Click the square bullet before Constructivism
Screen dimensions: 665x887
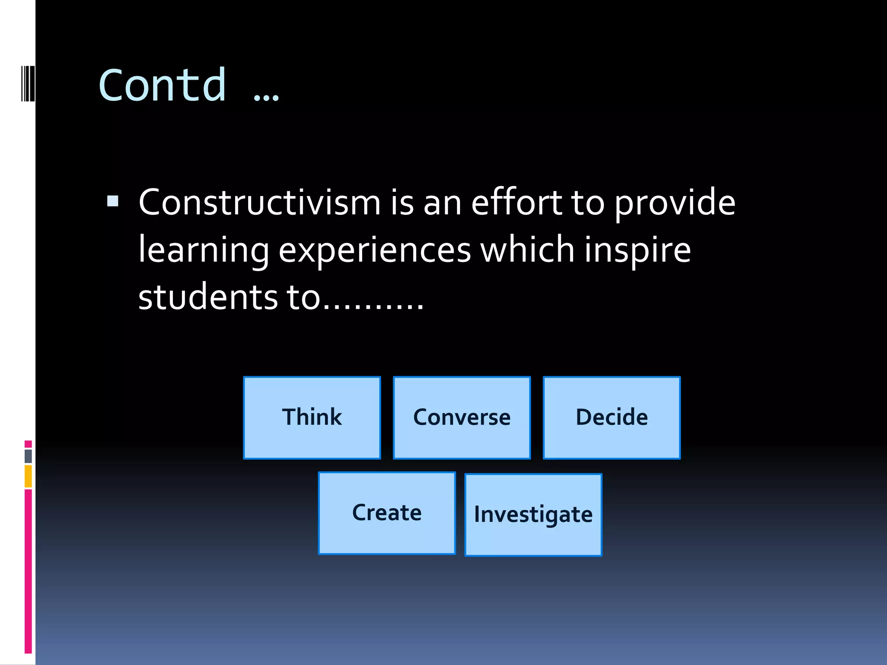pos(113,201)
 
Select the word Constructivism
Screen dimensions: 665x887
pos(259,203)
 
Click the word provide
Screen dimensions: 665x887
pos(675,203)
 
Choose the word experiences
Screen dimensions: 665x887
pos(374,251)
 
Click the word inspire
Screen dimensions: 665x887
pos(638,251)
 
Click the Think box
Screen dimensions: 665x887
pos(312,417)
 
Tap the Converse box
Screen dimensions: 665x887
pos(462,417)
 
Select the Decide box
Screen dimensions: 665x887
pos(612,417)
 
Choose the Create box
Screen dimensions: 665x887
pos(387,513)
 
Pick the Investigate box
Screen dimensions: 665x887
pos(533,515)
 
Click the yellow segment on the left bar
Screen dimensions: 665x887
pos(28,476)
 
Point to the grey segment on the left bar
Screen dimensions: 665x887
pos(28,456)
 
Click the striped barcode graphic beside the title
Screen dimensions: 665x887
pos(28,84)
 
